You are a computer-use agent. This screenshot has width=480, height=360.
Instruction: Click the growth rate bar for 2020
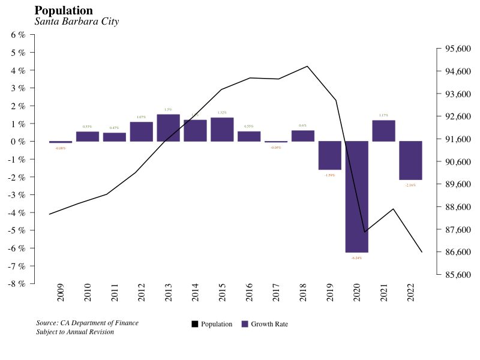pyautogui.click(x=356, y=197)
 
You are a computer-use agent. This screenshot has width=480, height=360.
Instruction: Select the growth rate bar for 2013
pyautogui.click(x=168, y=128)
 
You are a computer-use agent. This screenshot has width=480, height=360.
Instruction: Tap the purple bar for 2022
pyautogui.click(x=410, y=160)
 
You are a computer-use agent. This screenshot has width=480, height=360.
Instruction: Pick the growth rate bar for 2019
pyautogui.click(x=329, y=155)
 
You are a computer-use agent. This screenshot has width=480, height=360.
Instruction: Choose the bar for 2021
pyautogui.click(x=383, y=131)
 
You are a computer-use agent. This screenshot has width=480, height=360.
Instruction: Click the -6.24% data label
pyautogui.click(x=356, y=258)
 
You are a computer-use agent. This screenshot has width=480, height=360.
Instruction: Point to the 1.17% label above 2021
pyautogui.click(x=383, y=115)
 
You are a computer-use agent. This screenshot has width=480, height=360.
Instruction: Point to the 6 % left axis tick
pyautogui.click(x=19, y=35)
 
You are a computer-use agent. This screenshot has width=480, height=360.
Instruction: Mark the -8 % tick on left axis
pyautogui.click(x=17, y=284)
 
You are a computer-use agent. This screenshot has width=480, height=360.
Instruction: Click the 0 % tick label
pyautogui.click(x=19, y=142)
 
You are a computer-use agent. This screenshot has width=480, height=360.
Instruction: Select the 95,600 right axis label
pyautogui.click(x=455, y=49)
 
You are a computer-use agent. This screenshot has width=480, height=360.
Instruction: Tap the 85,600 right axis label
pyautogui.click(x=455, y=275)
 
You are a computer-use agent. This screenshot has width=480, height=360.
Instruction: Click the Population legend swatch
pyautogui.click(x=195, y=324)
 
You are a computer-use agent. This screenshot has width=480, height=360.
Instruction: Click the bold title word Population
pyautogui.click(x=64, y=11)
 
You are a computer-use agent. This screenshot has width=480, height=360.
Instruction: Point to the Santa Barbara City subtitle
pyautogui.click(x=77, y=22)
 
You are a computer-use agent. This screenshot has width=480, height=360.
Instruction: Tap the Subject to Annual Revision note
pyautogui.click(x=75, y=332)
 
